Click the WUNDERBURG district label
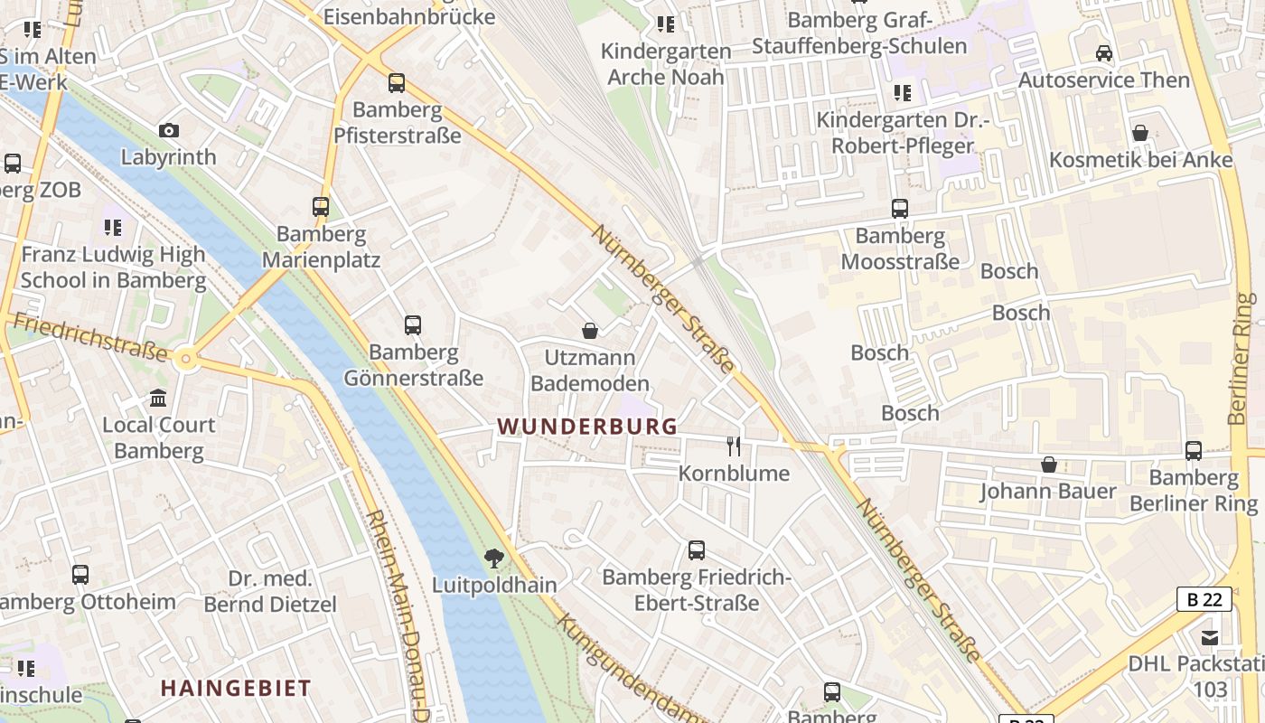pyautogui.click(x=587, y=427)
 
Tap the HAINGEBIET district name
pyautogui.click(x=236, y=688)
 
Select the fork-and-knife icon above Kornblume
pyautogui.click(x=734, y=446)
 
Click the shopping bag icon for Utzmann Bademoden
pyautogui.click(x=590, y=331)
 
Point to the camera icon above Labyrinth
pyautogui.click(x=168, y=131)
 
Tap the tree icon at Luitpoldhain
pyautogui.click(x=493, y=559)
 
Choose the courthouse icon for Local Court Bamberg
pyautogui.click(x=158, y=399)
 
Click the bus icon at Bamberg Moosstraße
pyautogui.click(x=900, y=209)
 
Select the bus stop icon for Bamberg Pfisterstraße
pyautogui.click(x=397, y=83)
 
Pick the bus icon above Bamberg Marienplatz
pyautogui.click(x=321, y=207)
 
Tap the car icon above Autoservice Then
pyautogui.click(x=1103, y=53)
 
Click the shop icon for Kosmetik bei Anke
pyautogui.click(x=1140, y=134)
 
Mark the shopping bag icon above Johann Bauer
pyautogui.click(x=1048, y=465)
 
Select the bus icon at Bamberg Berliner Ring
pyautogui.click(x=1194, y=451)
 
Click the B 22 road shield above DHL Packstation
pyautogui.click(x=1204, y=598)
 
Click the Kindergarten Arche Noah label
pyautogui.click(x=666, y=63)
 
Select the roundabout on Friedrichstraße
pyautogui.click(x=187, y=359)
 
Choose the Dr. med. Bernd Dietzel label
pyautogui.click(x=269, y=591)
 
